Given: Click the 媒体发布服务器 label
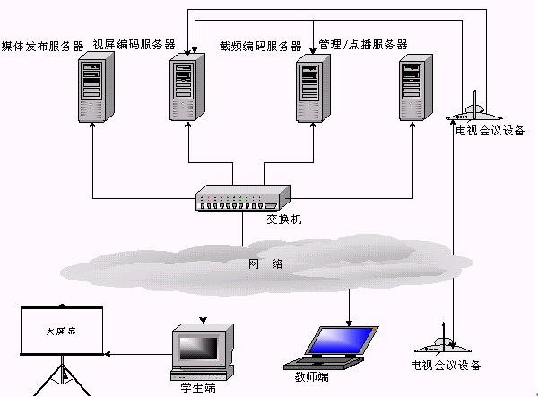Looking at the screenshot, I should point(42,46).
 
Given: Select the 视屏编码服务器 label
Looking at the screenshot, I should point(134,44).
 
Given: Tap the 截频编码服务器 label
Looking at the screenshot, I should point(261,46).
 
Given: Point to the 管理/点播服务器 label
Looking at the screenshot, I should point(362,44).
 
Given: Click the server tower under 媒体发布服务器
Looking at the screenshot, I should point(96,86).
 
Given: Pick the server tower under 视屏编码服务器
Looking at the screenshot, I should point(186,86).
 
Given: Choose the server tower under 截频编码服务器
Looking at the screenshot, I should point(313,86).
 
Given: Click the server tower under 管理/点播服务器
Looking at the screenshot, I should point(413,86).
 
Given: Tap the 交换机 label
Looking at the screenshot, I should point(283,219).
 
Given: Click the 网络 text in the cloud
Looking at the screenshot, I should point(266,263).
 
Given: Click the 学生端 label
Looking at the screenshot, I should point(197,388).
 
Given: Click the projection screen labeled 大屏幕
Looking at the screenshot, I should point(62,332).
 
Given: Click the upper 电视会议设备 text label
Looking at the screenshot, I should point(490,132).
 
